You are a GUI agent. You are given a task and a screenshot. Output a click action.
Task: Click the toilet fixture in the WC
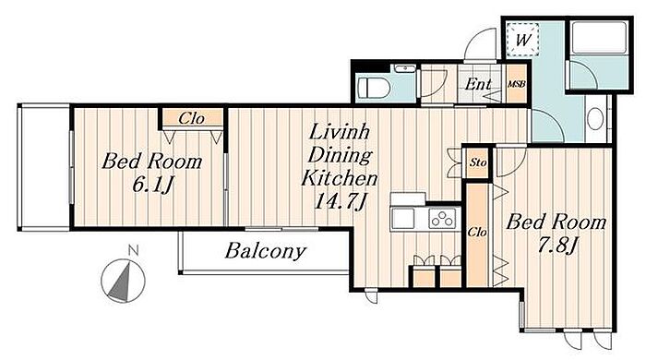pyautogui.click(x=374, y=88)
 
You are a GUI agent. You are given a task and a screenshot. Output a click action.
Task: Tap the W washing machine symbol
pyautogui.click(x=523, y=40)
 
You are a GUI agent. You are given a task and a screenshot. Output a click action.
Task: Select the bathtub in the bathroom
pyautogui.click(x=599, y=37)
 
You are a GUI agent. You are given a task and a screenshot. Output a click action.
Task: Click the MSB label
pyautogui.click(x=516, y=84)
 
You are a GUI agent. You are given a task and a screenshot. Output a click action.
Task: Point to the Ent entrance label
pyautogui.click(x=478, y=84)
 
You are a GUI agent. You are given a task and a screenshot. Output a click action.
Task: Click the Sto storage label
pyautogui.click(x=478, y=162)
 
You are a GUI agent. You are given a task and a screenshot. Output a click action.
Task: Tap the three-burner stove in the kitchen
pyautogui.click(x=443, y=218)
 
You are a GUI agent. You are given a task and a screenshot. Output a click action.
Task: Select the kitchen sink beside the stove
pyautogui.click(x=403, y=218)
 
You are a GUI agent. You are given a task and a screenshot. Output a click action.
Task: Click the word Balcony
pyautogui.click(x=266, y=251)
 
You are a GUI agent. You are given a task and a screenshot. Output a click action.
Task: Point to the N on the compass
pyautogui.click(x=133, y=249)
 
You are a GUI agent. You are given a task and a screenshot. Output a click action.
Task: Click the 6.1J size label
pyautogui.click(x=152, y=184)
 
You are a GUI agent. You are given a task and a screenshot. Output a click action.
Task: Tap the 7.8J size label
pyautogui.click(x=556, y=246)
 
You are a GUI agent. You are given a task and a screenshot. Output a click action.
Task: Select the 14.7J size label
pyautogui.click(x=340, y=201)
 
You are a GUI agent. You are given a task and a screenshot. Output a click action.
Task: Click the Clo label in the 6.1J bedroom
pyautogui.click(x=191, y=119)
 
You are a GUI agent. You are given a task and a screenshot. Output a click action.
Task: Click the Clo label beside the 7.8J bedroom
pyautogui.click(x=477, y=233)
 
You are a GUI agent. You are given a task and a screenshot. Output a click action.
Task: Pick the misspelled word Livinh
pyautogui.click(x=339, y=132)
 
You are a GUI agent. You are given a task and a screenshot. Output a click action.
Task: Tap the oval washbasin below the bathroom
pyautogui.click(x=595, y=119)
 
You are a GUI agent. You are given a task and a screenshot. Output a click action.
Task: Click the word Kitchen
pyautogui.click(x=339, y=178)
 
